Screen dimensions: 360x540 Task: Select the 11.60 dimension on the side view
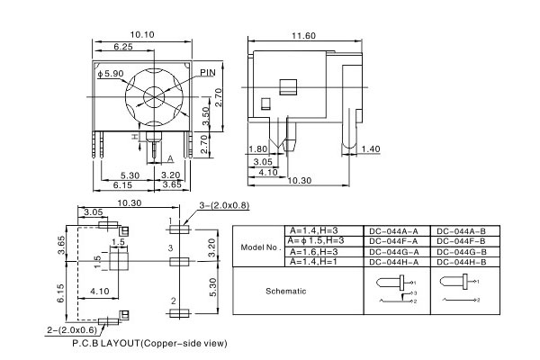tap(303, 35)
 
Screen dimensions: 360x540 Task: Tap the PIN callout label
tap(208, 71)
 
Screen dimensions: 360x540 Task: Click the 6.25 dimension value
tap(123, 46)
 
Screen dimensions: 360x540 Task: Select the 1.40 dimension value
tap(371, 149)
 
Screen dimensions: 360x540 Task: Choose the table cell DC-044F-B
tap(461, 241)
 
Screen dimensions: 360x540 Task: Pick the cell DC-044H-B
tap(461, 263)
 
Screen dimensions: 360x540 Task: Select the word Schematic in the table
tap(286, 292)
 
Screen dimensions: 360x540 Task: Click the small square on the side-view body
tap(288, 87)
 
